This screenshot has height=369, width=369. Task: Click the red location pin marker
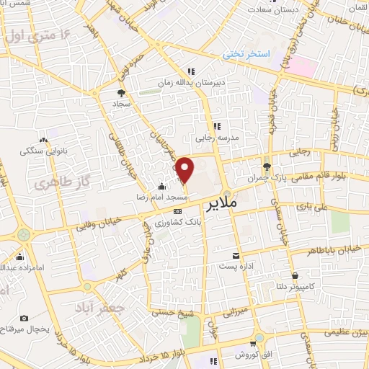185,169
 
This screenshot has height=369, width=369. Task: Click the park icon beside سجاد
122,94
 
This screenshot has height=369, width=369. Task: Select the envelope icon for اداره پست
236,255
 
